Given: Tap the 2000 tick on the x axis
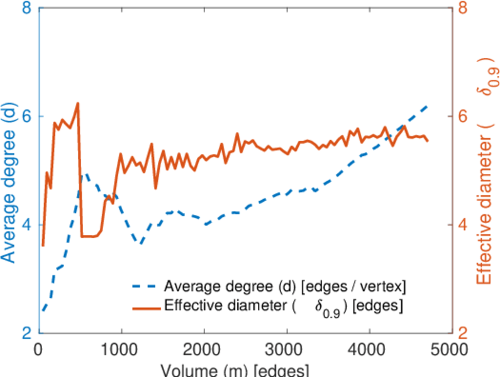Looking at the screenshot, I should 204,347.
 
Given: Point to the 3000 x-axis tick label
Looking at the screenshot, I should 287,347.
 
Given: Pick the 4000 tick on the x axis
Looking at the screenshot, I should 369,347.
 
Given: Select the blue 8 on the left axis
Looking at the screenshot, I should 27,9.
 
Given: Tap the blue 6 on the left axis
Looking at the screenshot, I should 27,117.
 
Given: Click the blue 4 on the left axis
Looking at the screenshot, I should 27,225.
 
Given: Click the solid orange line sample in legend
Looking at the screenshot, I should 146,307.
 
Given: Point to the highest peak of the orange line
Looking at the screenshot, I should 78,103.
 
